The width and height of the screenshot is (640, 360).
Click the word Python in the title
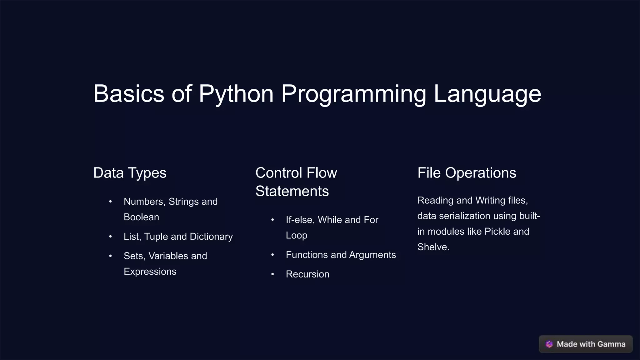236,94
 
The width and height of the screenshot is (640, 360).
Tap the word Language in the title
487,94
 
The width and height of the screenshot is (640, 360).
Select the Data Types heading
130,173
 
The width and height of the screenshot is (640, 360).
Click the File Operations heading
467,173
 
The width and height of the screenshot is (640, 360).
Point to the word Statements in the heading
292,191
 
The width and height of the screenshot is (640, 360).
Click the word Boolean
141,217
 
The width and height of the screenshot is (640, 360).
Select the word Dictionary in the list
211,237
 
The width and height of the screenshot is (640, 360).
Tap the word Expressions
150,272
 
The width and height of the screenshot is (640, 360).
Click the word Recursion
307,274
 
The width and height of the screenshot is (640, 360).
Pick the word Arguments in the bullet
372,255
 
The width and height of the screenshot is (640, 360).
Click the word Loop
296,235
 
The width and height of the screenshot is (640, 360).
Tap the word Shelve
432,247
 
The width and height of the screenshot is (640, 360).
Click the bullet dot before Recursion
272,274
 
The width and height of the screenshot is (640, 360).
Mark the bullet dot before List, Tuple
110,237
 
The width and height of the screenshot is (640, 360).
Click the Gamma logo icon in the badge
549,344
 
